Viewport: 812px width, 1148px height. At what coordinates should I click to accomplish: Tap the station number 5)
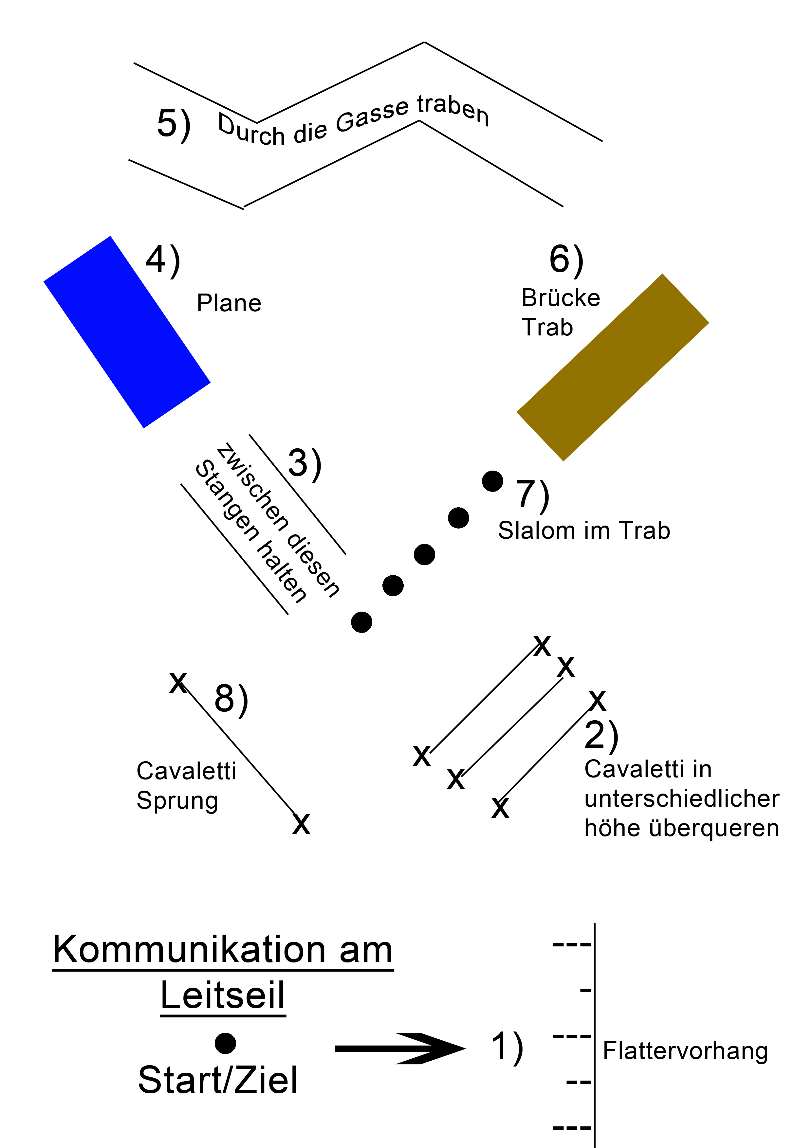[174, 124]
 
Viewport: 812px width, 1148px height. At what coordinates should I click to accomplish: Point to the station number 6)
[566, 260]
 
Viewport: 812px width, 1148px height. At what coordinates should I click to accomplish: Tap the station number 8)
[231, 698]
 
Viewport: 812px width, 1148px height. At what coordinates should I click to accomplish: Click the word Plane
[229, 303]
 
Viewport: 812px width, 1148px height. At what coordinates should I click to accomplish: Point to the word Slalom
[537, 530]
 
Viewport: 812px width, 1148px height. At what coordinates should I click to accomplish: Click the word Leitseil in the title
[223, 996]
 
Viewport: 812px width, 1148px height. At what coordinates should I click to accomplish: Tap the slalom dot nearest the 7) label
[492, 481]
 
